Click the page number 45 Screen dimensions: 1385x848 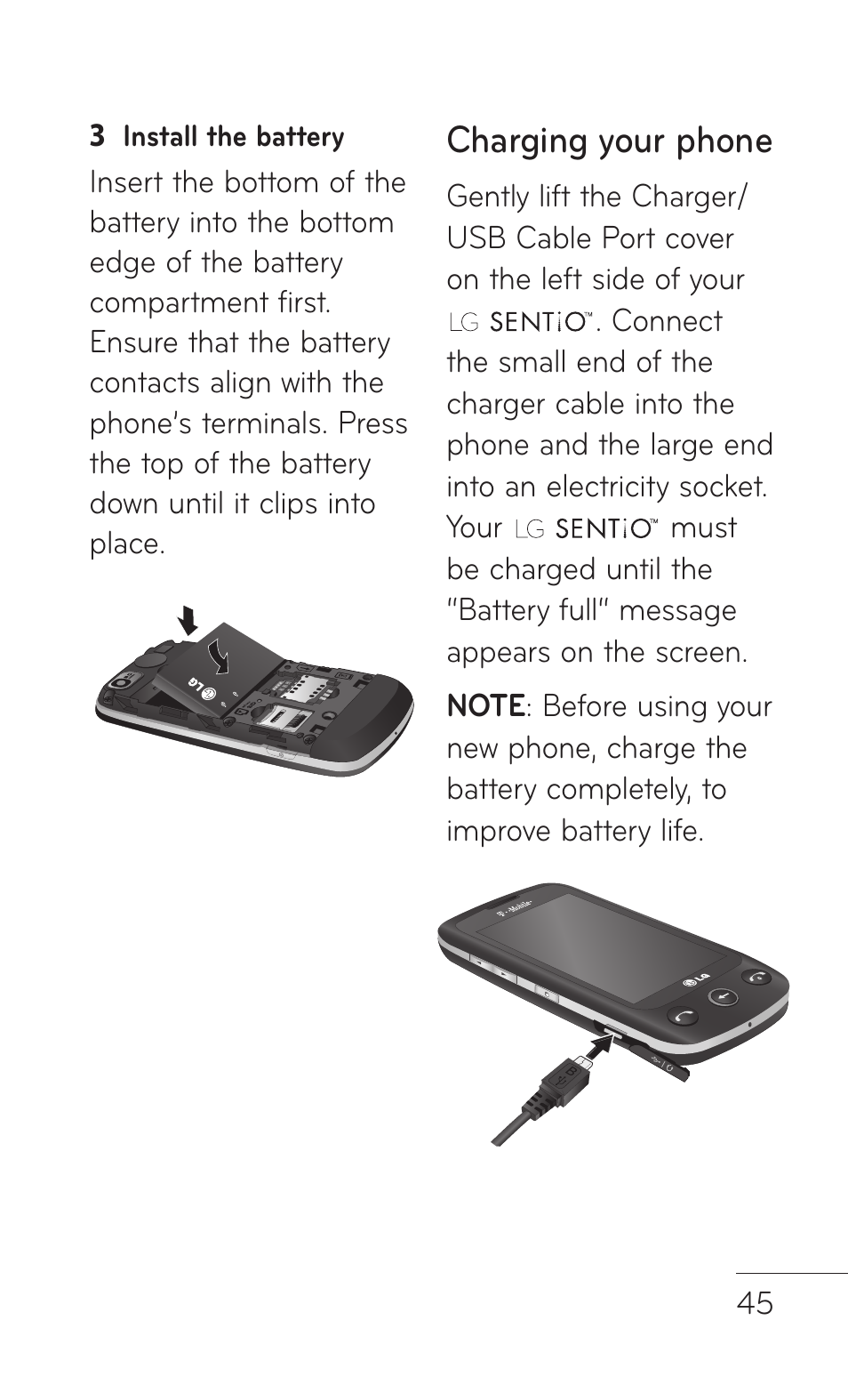pos(755,1303)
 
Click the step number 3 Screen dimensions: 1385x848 pos(97,137)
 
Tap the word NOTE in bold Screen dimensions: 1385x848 pos(485,706)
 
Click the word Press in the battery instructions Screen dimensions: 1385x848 pos(373,423)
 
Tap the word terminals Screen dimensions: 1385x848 pos(266,423)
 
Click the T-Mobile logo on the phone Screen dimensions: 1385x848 pos(515,910)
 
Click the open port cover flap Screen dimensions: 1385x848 pos(662,1061)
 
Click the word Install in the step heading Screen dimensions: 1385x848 pos(161,137)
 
